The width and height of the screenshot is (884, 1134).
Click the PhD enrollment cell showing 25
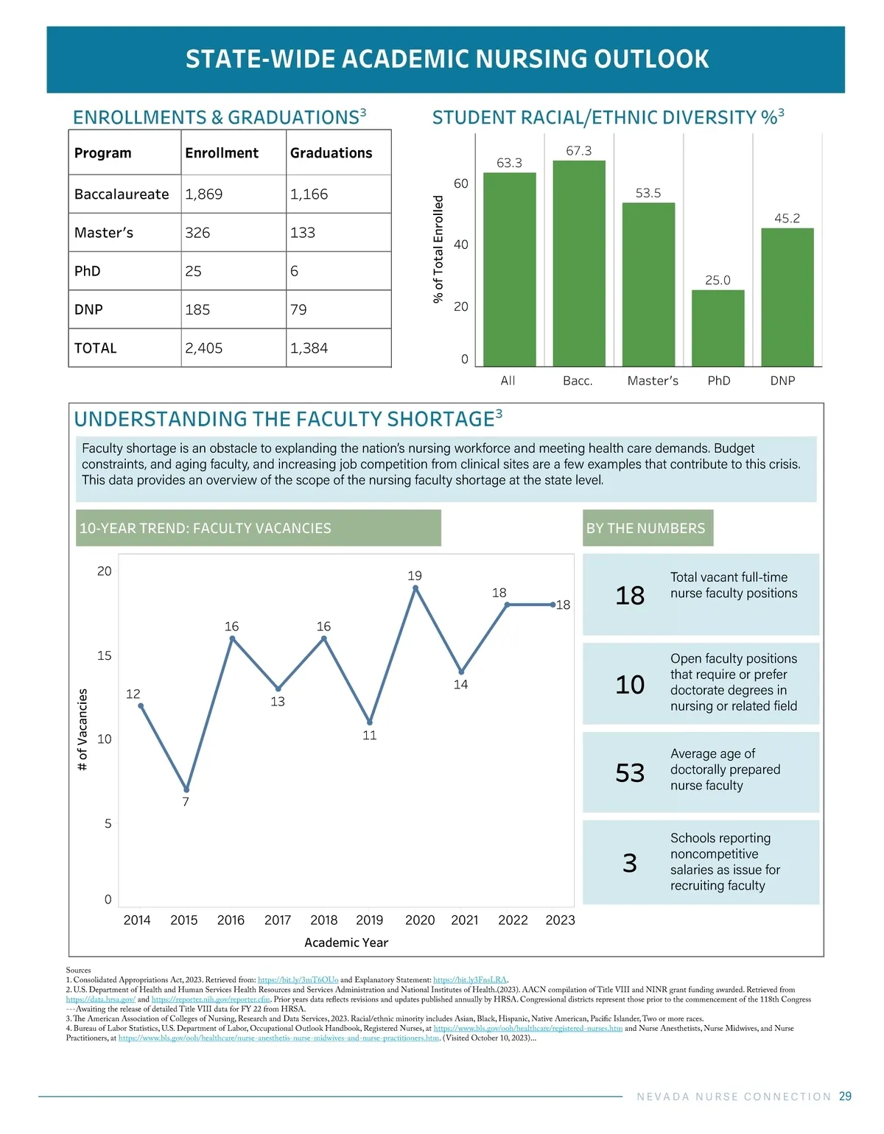coord(194,271)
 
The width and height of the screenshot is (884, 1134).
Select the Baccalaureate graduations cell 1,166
coord(309,194)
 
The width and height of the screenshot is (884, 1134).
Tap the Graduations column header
coord(331,153)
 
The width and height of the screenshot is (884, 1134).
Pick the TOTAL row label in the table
coord(96,348)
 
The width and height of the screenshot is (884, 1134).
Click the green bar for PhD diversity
coord(718,328)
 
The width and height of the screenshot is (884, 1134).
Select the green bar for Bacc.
coord(579,263)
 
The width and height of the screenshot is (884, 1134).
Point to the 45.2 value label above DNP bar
coord(787,219)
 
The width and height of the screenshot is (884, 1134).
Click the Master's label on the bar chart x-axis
coord(653,381)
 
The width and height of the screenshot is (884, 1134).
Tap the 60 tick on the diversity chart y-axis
coord(461,183)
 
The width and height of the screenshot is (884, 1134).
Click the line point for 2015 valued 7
coord(186,789)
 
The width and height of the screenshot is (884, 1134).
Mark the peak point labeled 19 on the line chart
coord(415,588)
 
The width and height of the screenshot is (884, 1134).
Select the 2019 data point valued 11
coord(370,722)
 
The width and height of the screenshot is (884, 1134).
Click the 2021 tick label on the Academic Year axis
coord(465,920)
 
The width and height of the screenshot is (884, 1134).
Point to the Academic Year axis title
coord(346,943)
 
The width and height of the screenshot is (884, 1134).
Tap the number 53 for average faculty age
coord(630,773)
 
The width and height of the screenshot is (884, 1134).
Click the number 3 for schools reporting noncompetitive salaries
coord(630,863)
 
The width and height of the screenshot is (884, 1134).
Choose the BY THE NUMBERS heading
coord(646,528)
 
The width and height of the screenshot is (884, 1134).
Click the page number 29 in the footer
coord(845,1096)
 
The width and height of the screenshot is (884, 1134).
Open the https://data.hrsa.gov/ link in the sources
coord(100,999)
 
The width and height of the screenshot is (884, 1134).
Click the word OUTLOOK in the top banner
coord(651,59)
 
